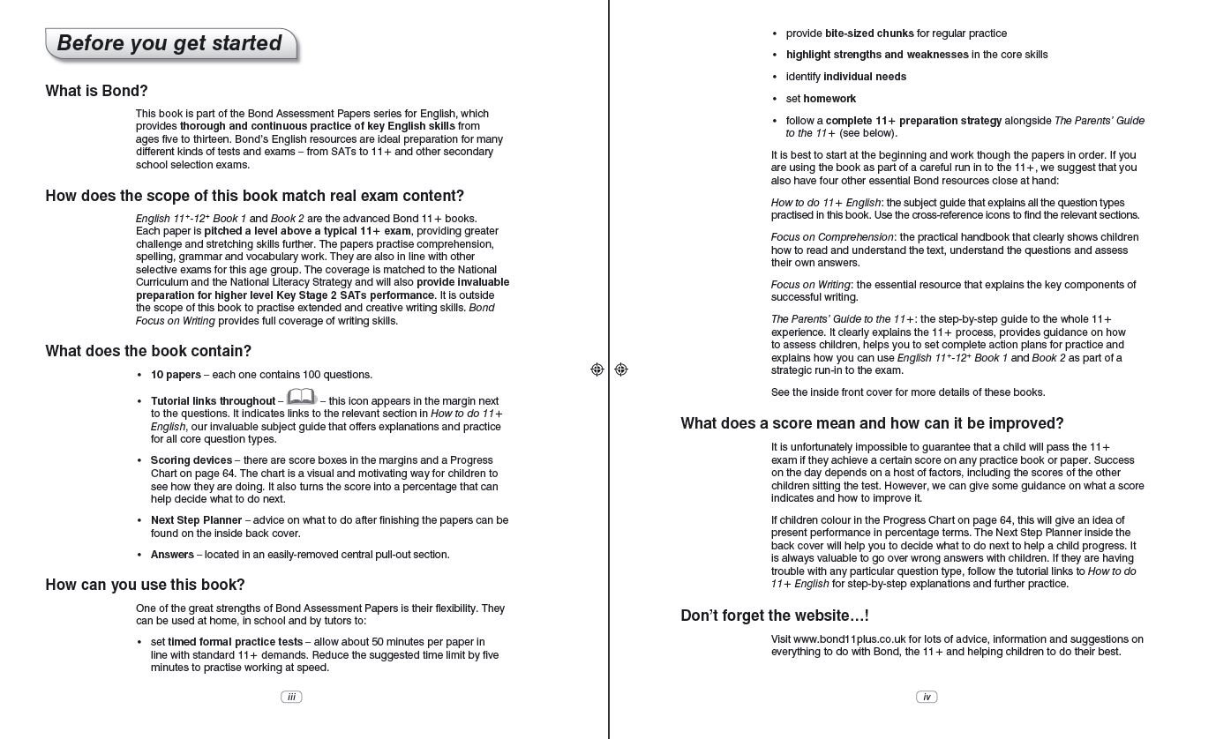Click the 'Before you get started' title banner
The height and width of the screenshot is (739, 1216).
pyautogui.click(x=170, y=44)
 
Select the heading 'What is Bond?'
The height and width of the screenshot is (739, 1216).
pyautogui.click(x=97, y=91)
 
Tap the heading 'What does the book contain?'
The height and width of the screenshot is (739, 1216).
pyautogui.click(x=148, y=351)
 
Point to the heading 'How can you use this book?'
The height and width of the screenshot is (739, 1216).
pyautogui.click(x=146, y=585)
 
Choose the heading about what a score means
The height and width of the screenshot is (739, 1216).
pyautogui.click(x=872, y=423)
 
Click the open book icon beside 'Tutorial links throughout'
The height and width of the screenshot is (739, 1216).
pyautogui.click(x=301, y=398)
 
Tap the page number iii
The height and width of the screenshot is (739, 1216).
pyautogui.click(x=291, y=697)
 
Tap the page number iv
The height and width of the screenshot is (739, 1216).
pyautogui.click(x=927, y=697)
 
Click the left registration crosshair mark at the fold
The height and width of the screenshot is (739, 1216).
pyautogui.click(x=597, y=369)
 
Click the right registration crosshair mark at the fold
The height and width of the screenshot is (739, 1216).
pyautogui.click(x=621, y=369)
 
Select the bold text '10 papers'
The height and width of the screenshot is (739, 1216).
pyautogui.click(x=176, y=375)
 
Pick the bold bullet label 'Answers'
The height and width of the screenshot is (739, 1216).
pyautogui.click(x=172, y=555)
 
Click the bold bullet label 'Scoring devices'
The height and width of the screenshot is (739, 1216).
pyautogui.click(x=191, y=460)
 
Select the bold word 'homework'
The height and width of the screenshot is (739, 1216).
pyautogui.click(x=829, y=99)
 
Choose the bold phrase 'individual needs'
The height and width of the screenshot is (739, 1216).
pyautogui.click(x=865, y=77)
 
